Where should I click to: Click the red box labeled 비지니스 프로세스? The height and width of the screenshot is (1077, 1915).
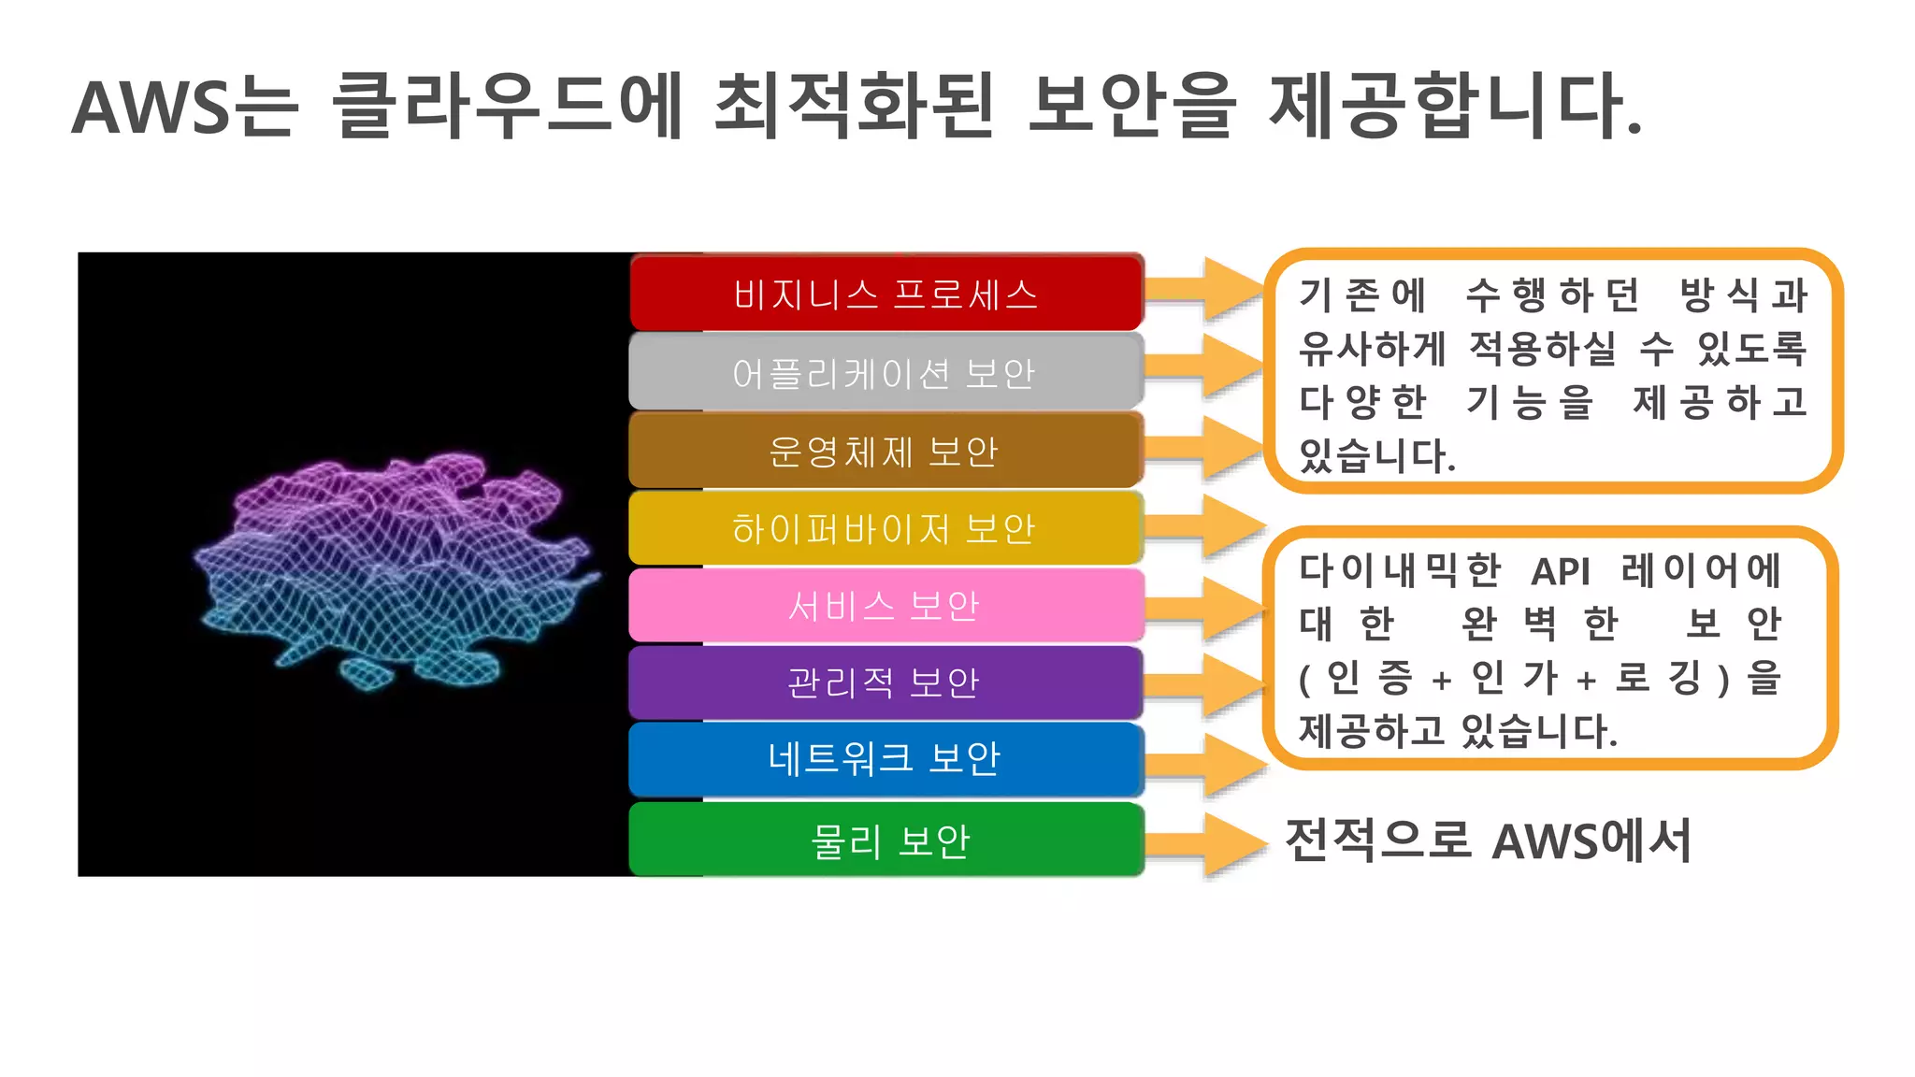pyautogui.click(x=886, y=294)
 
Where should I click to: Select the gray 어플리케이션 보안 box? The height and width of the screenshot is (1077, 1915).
pyautogui.click(x=886, y=373)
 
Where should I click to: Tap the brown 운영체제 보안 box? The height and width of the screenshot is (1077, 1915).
pyautogui.click(x=886, y=452)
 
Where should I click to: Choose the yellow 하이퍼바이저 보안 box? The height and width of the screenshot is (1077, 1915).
pyautogui.click(x=886, y=529)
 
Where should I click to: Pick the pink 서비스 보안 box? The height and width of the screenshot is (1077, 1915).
pyautogui.click(x=886, y=606)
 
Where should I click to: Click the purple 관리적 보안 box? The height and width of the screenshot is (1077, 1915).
pyautogui.click(x=886, y=682)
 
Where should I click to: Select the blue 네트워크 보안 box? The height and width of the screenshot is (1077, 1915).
pyautogui.click(x=886, y=758)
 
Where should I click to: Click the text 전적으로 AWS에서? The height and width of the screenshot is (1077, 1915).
pyautogui.click(x=1488, y=840)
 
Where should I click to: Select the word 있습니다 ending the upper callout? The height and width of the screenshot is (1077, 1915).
pyautogui.click(x=1375, y=456)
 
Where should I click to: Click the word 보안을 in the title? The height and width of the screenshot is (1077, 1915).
pyautogui.click(x=1131, y=107)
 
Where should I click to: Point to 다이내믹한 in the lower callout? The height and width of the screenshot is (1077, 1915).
pyautogui.click(x=1399, y=570)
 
